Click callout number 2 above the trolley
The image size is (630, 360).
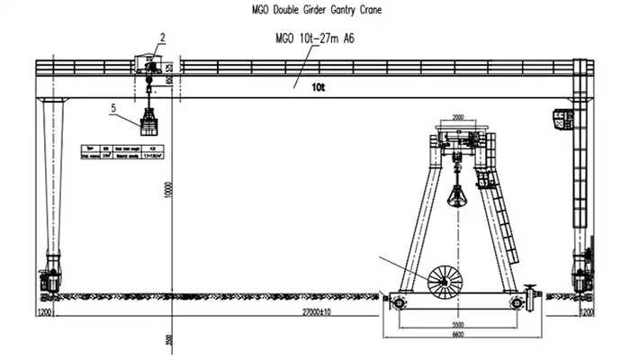pyautogui.click(x=162, y=38)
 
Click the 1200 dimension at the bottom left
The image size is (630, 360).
pyautogui.click(x=44, y=311)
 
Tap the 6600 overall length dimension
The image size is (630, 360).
pyautogui.click(x=458, y=334)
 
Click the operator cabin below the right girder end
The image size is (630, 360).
pyautogui.click(x=563, y=120)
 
